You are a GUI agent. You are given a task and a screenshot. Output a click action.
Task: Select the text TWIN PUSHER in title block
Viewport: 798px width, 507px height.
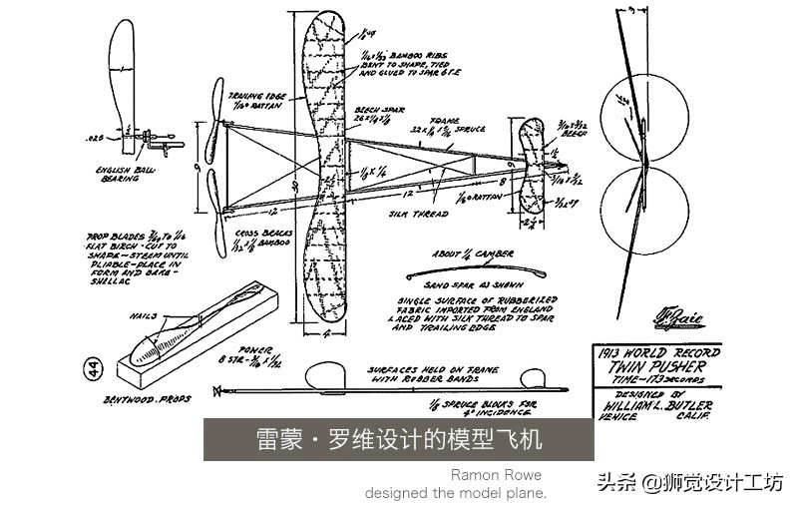pos(651,366)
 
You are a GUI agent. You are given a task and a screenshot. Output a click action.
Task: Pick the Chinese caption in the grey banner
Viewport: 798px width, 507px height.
pos(398,440)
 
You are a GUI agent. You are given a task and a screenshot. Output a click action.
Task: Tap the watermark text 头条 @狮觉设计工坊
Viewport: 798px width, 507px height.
pos(689,482)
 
